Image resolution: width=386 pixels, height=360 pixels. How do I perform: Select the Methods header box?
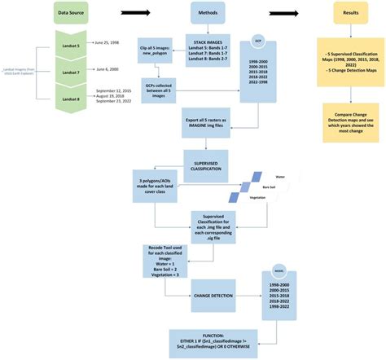click(x=208, y=14)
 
